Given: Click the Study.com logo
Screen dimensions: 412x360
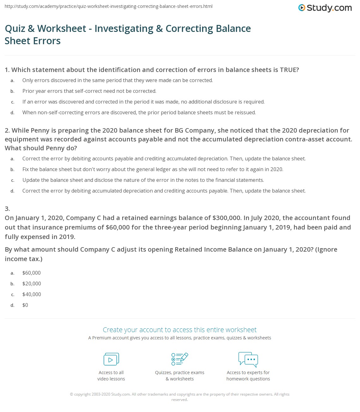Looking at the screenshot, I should click(x=325, y=8).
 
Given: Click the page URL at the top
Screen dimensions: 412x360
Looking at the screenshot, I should click(x=109, y=6).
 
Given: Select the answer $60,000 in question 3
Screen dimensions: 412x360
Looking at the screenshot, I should click(x=32, y=273).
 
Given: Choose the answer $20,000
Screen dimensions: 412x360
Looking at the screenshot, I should click(x=32, y=284).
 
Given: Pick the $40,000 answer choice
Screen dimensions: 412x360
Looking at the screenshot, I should click(x=32, y=294).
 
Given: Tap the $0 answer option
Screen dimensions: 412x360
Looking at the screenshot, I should click(x=25, y=305).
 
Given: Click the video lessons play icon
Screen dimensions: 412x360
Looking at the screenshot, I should click(x=111, y=359).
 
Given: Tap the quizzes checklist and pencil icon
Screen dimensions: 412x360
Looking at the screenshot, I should click(x=180, y=359).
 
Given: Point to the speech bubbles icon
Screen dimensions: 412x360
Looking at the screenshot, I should click(x=248, y=359).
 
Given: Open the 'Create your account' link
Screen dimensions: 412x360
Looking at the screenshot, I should click(x=180, y=330).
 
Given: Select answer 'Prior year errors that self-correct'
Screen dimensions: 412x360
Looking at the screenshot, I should click(x=89, y=91).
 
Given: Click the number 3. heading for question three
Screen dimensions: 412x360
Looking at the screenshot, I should click(x=7, y=208).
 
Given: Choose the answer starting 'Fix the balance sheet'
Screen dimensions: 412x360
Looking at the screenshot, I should click(x=153, y=169).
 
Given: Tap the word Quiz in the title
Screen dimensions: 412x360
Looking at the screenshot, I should click(x=15, y=29).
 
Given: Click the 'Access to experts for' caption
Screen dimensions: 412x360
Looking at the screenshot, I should click(x=248, y=373).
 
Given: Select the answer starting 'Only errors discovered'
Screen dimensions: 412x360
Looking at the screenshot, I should click(x=117, y=80).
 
